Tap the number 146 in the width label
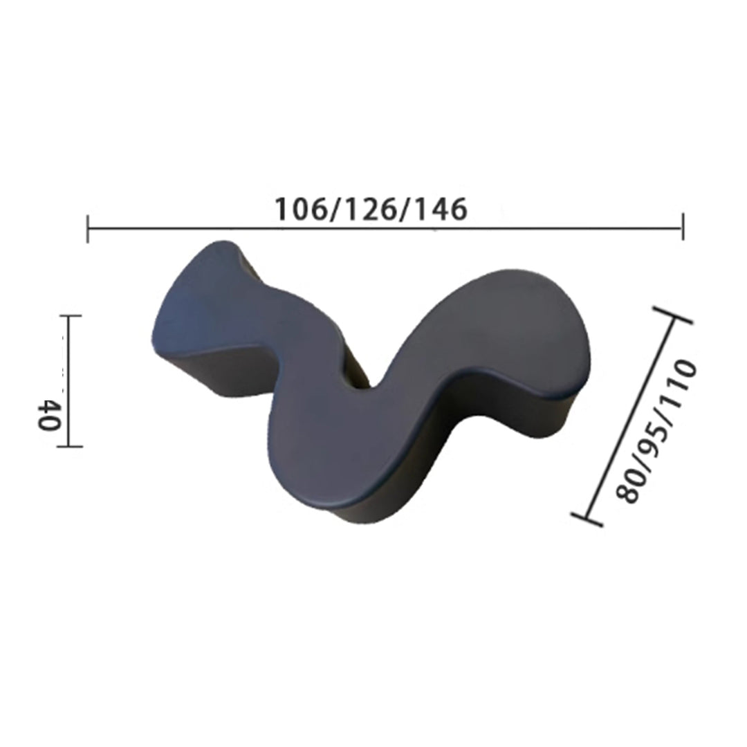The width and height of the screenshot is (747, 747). pos(441,210)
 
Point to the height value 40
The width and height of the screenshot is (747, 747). pos(48,415)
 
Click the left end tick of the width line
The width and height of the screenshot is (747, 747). pos(88,229)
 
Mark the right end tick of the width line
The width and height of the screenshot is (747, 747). pos(683,227)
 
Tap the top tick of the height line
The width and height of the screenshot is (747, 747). pos(70,315)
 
